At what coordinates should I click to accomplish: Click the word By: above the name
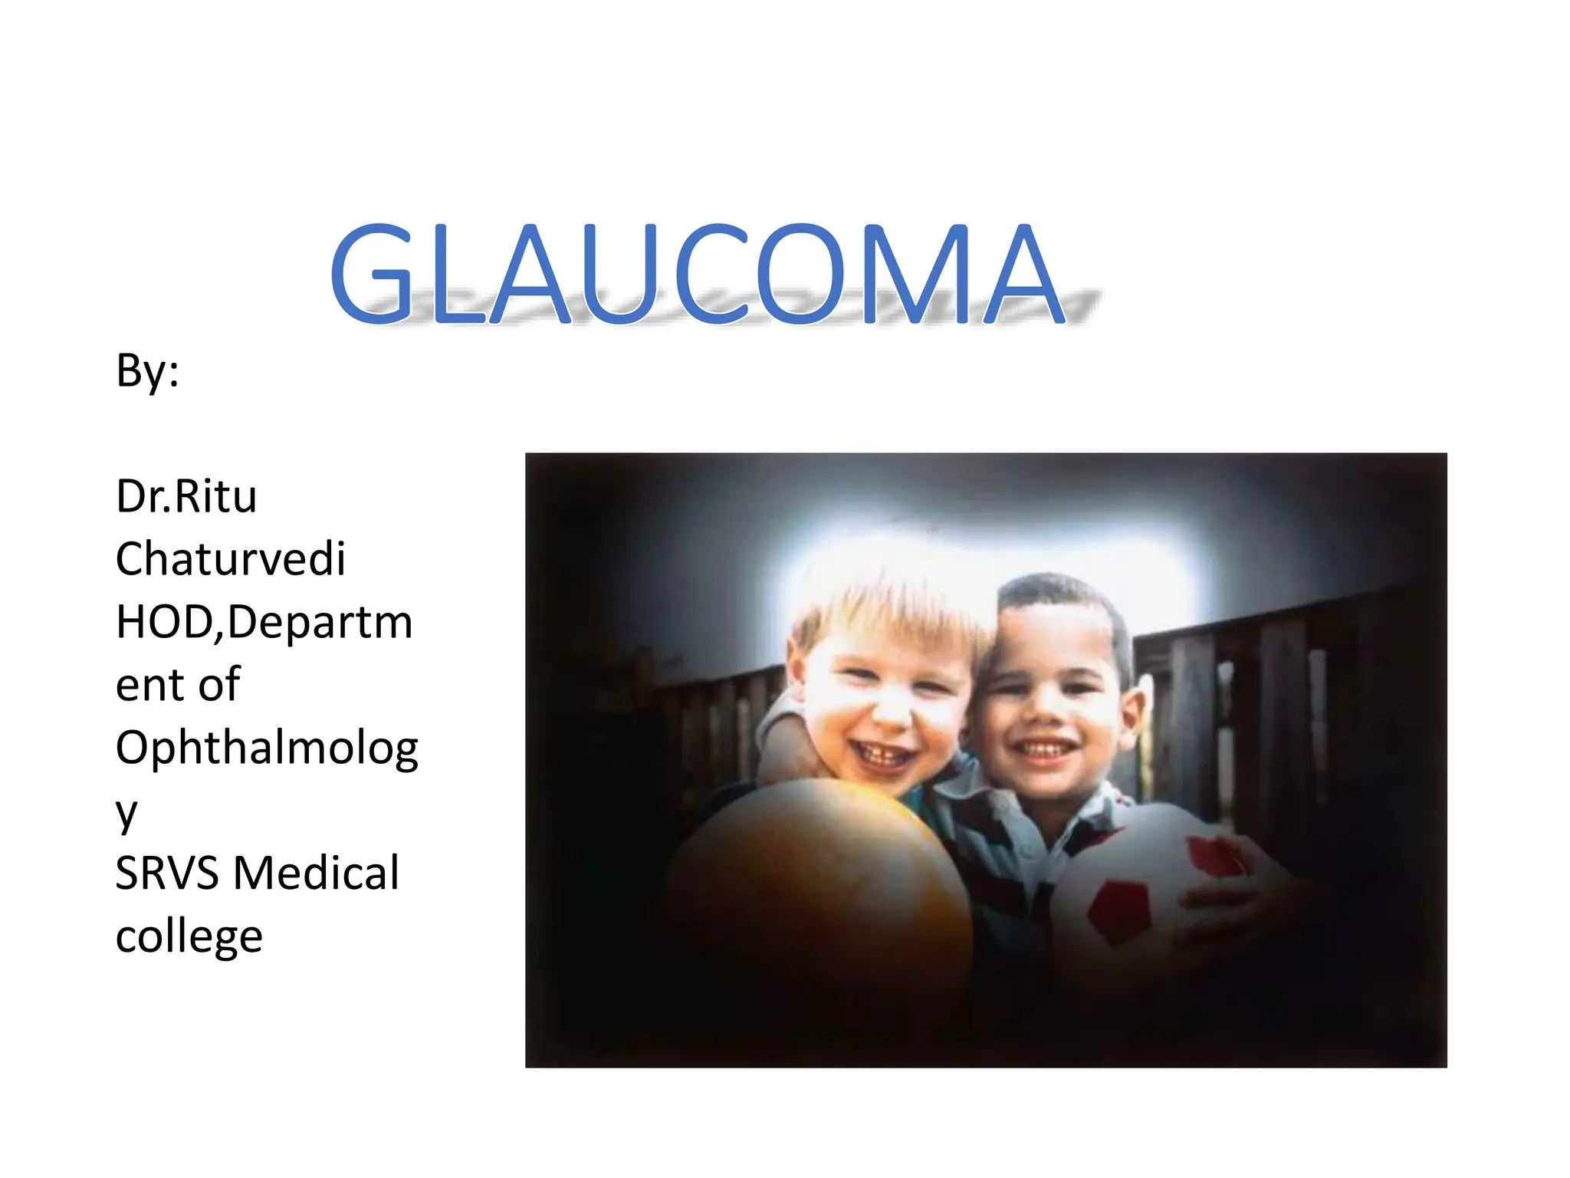click(147, 371)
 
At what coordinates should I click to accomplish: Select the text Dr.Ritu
click(186, 496)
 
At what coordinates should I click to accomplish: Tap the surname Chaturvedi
click(230, 558)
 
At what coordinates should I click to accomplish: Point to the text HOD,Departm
click(264, 621)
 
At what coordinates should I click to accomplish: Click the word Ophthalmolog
click(267, 748)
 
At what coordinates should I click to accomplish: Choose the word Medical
click(316, 873)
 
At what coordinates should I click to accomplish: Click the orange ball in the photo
click(820, 882)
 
